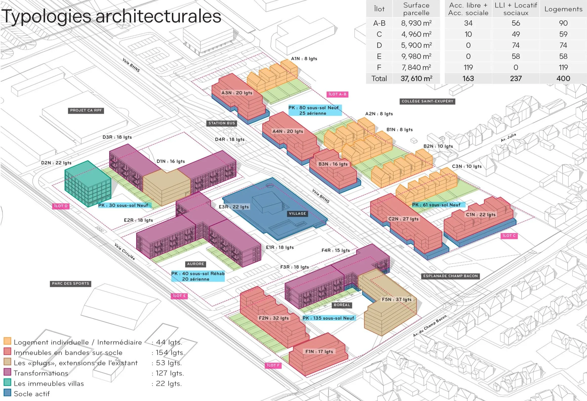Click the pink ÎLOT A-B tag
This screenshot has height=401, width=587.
tap(337, 94)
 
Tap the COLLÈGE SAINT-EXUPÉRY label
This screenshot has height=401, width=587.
tap(427, 101)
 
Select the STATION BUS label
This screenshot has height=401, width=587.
tap(221, 123)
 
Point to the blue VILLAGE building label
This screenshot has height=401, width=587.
tap(297, 214)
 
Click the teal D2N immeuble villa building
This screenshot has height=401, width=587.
tap(88, 184)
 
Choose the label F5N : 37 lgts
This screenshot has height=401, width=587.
tap(396, 299)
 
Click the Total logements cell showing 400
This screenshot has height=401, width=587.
tap(563, 79)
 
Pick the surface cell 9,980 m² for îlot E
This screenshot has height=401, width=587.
tap(416, 56)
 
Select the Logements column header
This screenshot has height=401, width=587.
tap(563, 9)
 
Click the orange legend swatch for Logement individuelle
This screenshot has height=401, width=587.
tap(7, 341)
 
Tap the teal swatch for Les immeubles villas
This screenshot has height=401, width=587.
tap(7, 382)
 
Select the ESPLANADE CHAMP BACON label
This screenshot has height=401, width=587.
tap(450, 276)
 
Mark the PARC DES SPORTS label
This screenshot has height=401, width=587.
tap(71, 283)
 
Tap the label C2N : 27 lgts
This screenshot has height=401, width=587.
tap(403, 219)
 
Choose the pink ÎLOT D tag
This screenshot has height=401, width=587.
tap(61, 206)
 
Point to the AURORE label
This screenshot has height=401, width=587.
tap(195, 264)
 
